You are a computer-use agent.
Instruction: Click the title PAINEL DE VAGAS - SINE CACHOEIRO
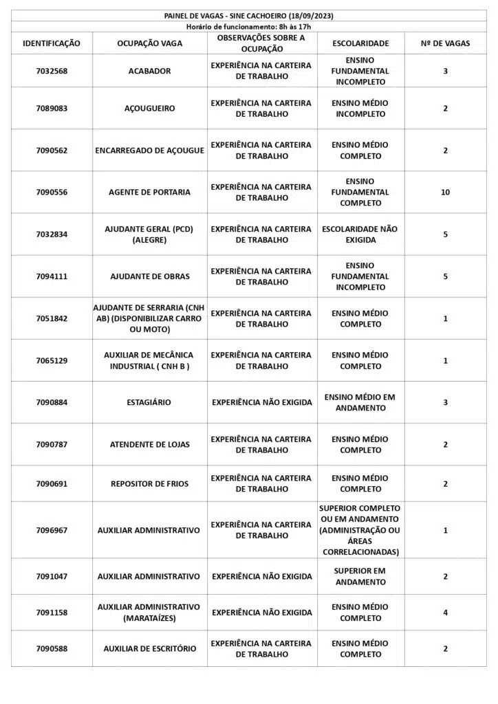click(248, 16)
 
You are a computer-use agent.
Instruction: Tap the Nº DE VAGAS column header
click(445, 43)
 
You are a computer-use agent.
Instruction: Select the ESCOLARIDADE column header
click(360, 43)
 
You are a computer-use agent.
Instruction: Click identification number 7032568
click(52, 71)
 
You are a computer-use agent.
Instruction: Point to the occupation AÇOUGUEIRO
click(149, 109)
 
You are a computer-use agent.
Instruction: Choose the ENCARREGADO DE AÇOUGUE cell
click(149, 151)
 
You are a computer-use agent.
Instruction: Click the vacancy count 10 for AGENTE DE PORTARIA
click(445, 192)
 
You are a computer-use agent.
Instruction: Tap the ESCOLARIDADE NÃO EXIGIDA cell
click(360, 234)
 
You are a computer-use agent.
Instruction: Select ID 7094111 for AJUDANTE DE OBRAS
click(52, 276)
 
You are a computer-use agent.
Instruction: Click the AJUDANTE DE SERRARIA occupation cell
click(149, 318)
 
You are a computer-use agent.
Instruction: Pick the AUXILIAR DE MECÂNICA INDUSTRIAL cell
click(149, 360)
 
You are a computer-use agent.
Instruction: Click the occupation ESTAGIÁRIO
click(149, 402)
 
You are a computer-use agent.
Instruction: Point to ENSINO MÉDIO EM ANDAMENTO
click(360, 402)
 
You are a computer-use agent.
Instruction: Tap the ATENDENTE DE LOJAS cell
click(149, 445)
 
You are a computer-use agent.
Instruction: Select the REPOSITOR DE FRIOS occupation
click(149, 484)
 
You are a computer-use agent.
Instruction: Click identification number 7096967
click(52, 530)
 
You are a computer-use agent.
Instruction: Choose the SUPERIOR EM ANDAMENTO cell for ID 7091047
click(360, 576)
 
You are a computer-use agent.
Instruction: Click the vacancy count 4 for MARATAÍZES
click(445, 613)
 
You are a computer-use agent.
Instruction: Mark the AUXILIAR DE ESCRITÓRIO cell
click(149, 648)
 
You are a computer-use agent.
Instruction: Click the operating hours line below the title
click(248, 26)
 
